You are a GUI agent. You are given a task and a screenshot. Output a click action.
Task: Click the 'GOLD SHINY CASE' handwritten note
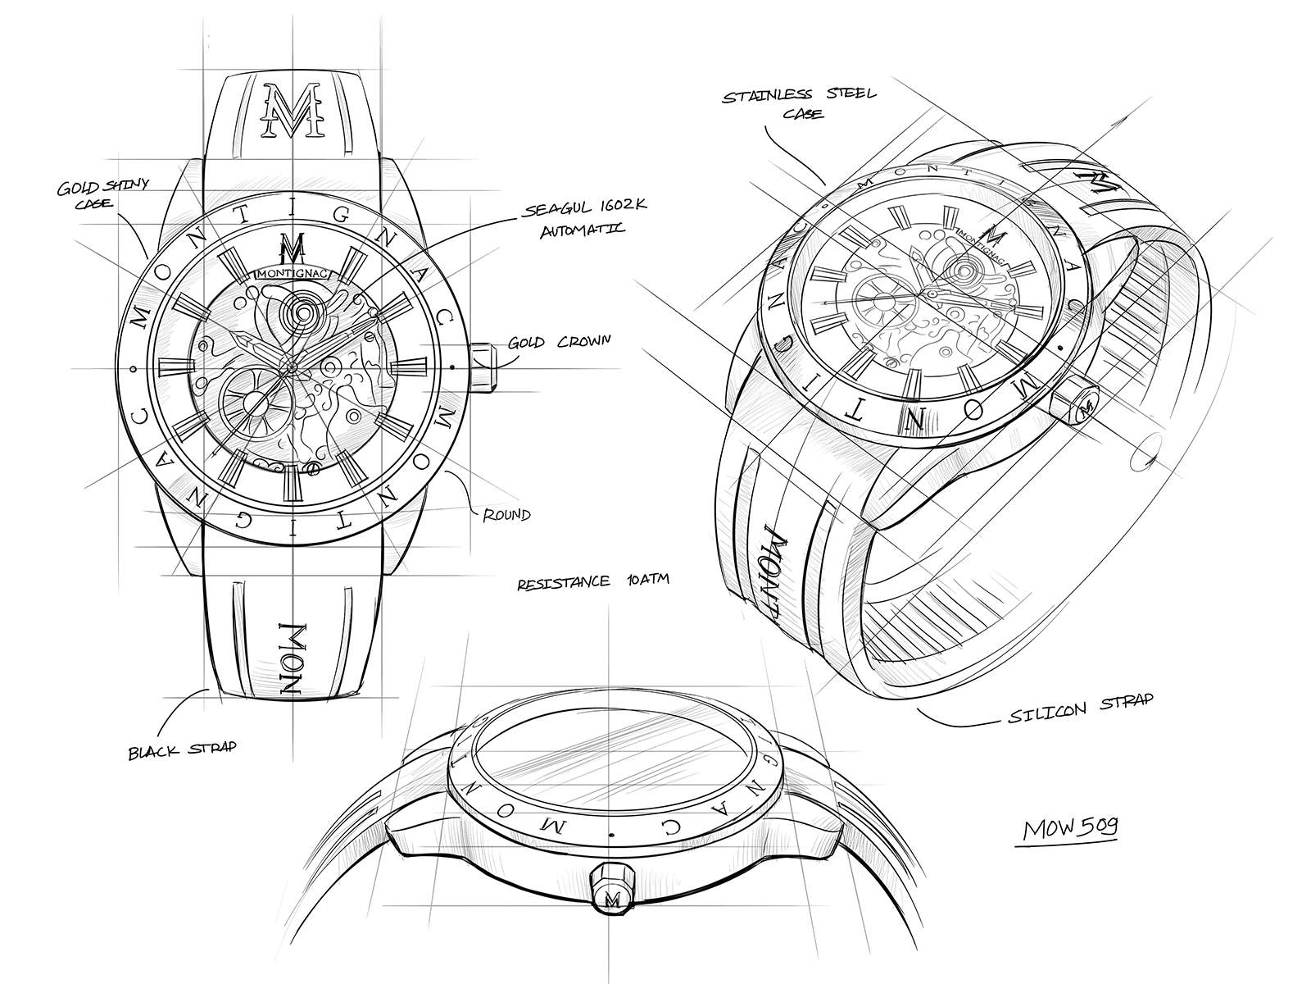coord(103,194)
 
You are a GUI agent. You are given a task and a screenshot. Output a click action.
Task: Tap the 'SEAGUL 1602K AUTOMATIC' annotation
coord(584,219)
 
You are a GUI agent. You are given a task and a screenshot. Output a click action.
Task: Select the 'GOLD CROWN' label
coord(560,342)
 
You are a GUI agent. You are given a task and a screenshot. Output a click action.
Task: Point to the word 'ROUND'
coord(506,514)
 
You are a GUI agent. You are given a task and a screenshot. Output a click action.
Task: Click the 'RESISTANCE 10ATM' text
coord(593,581)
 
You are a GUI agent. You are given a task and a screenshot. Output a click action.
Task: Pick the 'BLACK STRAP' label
coord(183,749)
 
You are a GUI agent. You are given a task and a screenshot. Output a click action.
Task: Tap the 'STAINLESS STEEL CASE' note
coord(799,103)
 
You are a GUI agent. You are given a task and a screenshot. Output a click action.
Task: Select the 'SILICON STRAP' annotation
coord(1081,708)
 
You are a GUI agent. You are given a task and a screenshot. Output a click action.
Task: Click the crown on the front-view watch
coord(483,367)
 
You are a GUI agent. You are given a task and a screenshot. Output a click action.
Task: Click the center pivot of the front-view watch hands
coord(292,367)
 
